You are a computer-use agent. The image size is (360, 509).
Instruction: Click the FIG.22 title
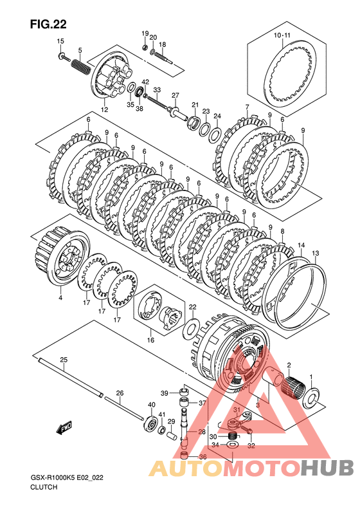tap(48, 24)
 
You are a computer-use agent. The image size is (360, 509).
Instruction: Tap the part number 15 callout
tap(60, 41)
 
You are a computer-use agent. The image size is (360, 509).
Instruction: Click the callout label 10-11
tap(282, 35)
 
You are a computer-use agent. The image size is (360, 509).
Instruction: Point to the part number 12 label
tap(104, 110)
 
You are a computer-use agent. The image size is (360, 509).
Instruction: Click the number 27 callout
tap(175, 95)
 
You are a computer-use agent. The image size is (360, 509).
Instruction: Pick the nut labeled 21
tap(194, 123)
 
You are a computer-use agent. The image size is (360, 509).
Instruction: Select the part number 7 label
tap(247, 107)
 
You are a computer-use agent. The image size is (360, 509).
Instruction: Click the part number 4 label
tap(60, 298)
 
